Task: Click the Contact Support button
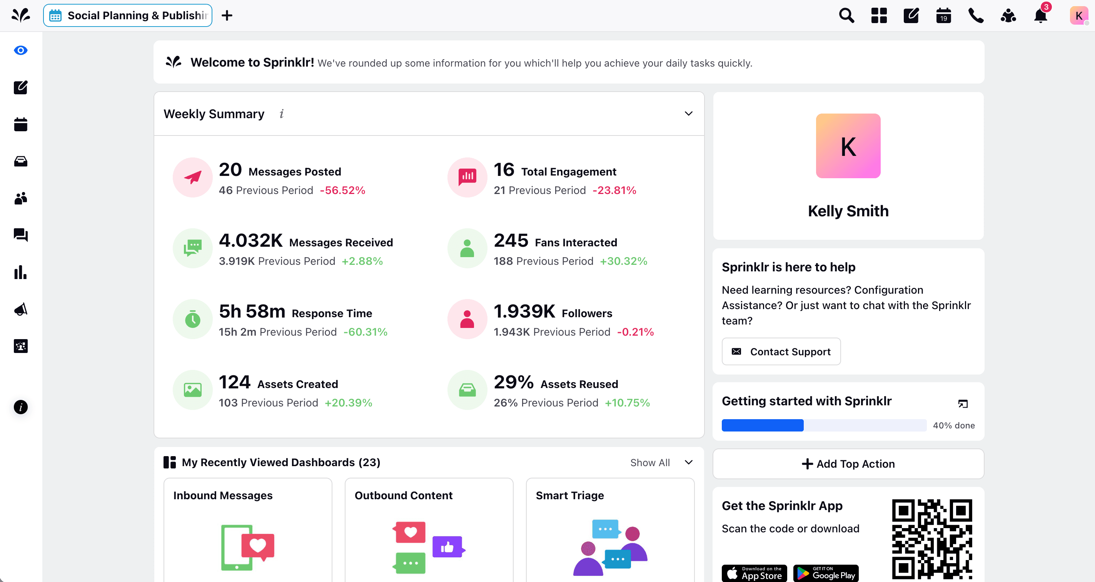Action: (x=781, y=351)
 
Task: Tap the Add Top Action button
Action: (x=848, y=464)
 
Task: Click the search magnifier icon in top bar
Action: (x=846, y=16)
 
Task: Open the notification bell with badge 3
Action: (x=1040, y=16)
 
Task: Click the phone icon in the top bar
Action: (x=976, y=16)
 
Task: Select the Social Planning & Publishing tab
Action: (x=127, y=16)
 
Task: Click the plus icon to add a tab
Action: (x=227, y=16)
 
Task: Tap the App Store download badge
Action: (x=754, y=573)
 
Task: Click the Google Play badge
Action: (x=826, y=573)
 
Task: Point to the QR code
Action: (x=932, y=539)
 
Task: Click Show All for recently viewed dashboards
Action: (x=649, y=463)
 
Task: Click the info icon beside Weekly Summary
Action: (x=281, y=114)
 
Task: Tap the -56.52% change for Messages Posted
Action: (x=342, y=191)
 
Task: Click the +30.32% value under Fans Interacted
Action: (x=623, y=261)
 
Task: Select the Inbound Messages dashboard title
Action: (x=223, y=496)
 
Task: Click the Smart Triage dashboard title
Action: (x=569, y=496)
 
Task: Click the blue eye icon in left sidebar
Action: (x=20, y=50)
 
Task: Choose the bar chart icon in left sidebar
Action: (x=20, y=272)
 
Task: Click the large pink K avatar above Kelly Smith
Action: (x=848, y=146)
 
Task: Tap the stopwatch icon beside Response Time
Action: (x=192, y=319)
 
